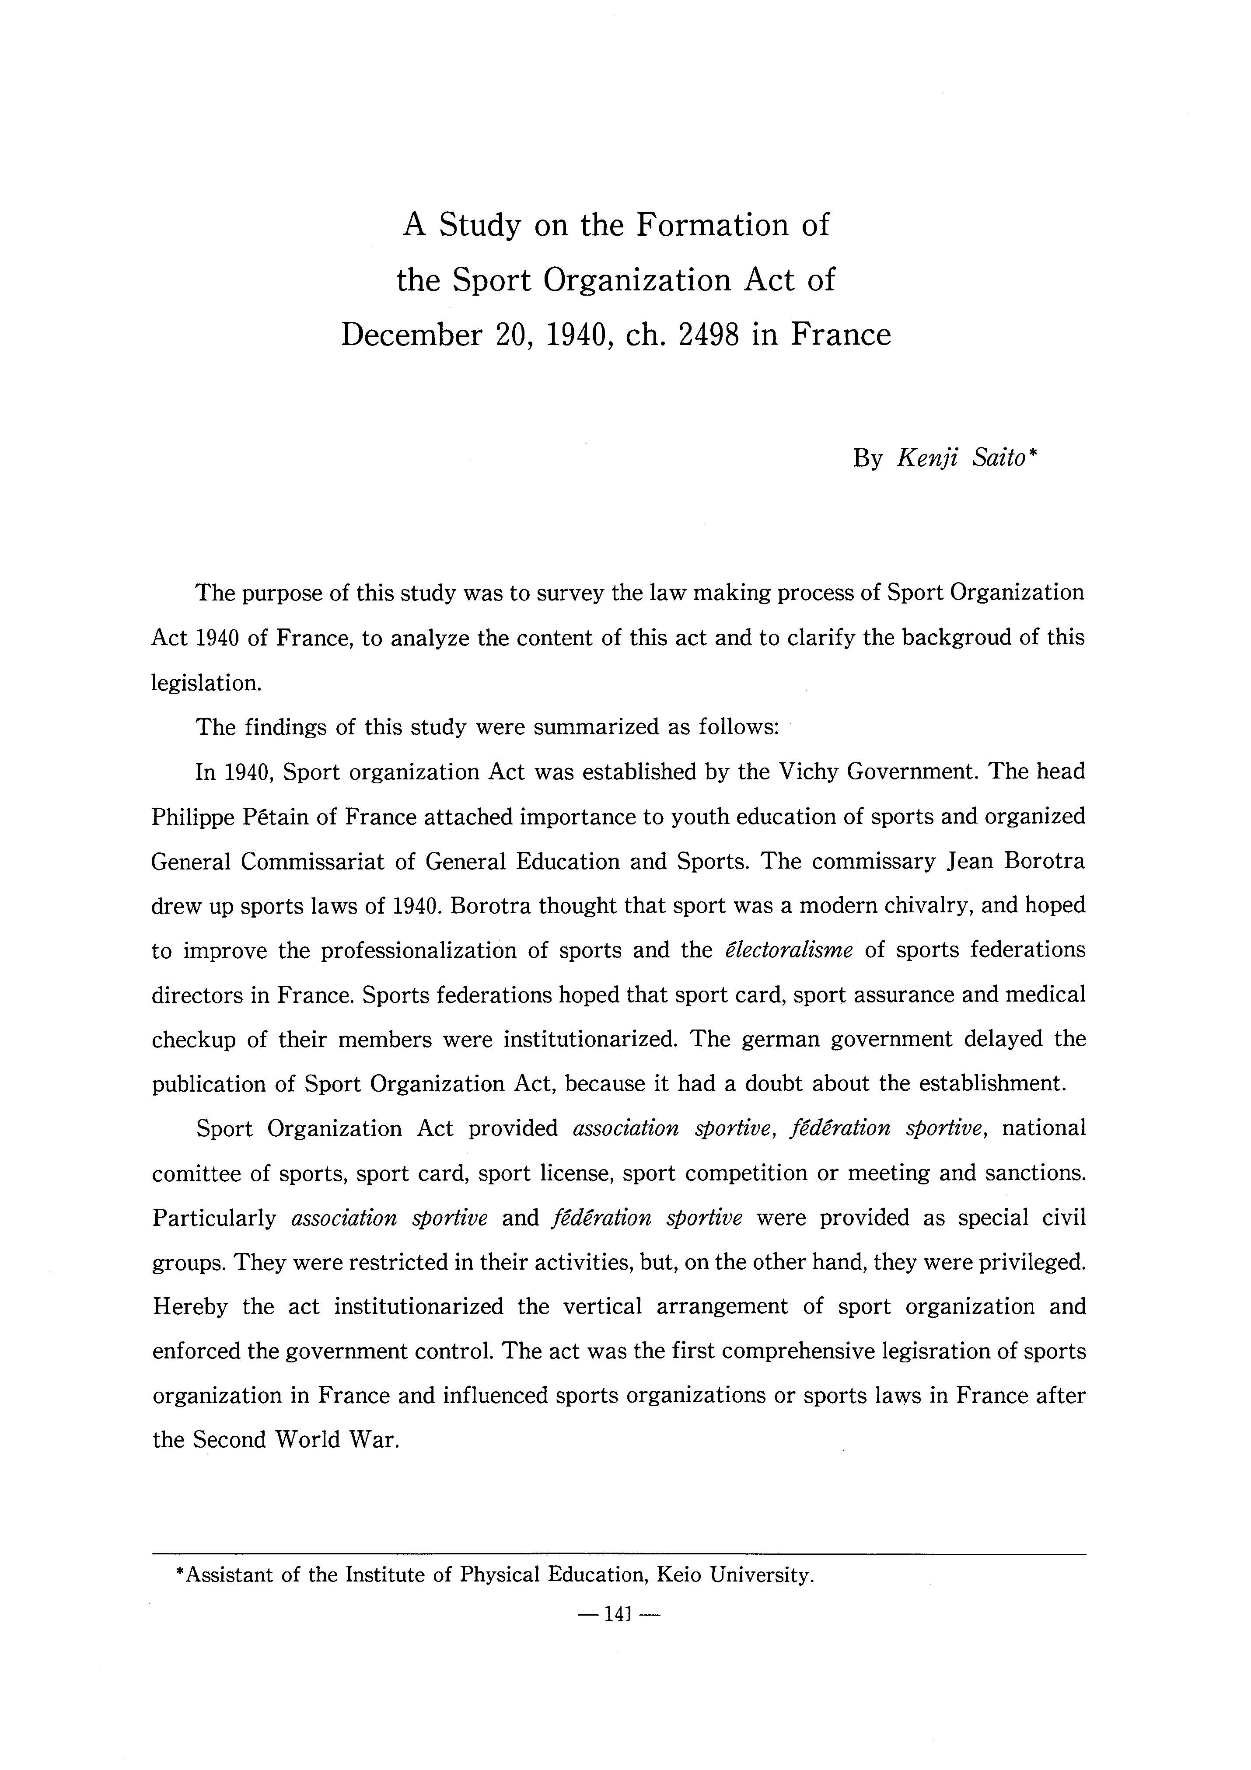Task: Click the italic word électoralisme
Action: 789,950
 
